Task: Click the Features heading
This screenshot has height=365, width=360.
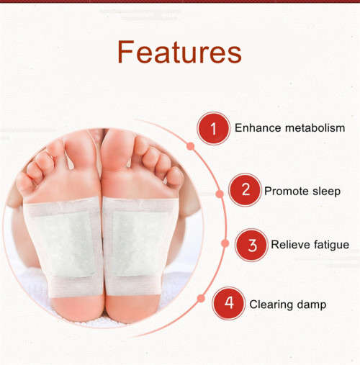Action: (x=179, y=53)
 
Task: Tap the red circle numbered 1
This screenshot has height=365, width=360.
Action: (x=212, y=129)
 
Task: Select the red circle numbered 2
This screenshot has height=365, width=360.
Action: (x=245, y=190)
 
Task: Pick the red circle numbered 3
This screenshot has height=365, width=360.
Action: (x=252, y=245)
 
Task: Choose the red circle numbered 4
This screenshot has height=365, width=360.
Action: (x=228, y=303)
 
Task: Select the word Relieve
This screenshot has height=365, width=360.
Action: (x=290, y=245)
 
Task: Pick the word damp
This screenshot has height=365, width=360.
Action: (x=313, y=305)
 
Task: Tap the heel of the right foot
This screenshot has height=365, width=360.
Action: (x=134, y=306)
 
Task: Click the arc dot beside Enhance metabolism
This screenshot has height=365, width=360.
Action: (x=190, y=145)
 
